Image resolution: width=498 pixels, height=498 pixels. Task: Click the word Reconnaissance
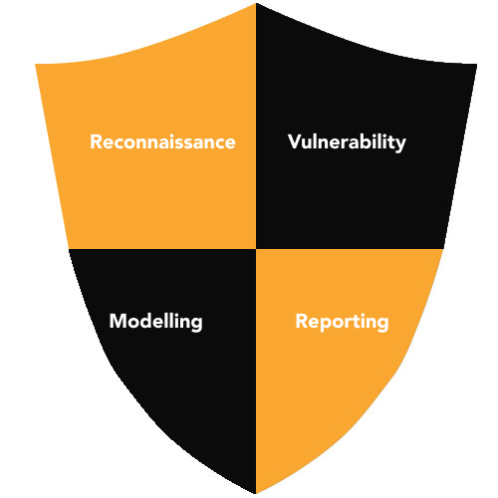pyautogui.click(x=162, y=142)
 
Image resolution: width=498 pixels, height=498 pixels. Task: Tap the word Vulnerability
pyautogui.click(x=347, y=142)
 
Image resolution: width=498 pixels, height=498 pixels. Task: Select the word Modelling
pyautogui.click(x=156, y=322)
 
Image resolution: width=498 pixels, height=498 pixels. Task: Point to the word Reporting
pyautogui.click(x=342, y=322)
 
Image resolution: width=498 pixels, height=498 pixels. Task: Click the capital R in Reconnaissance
pyautogui.click(x=96, y=142)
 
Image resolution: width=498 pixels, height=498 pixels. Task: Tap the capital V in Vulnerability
pyautogui.click(x=295, y=141)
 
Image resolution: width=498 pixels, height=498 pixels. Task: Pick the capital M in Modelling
pyautogui.click(x=118, y=321)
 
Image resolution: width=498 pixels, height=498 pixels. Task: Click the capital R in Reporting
pyautogui.click(x=302, y=321)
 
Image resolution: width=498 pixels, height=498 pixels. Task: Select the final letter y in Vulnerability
pyautogui.click(x=400, y=145)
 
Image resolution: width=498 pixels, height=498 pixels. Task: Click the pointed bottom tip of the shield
pyautogui.click(x=256, y=494)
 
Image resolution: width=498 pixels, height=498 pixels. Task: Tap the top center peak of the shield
pyautogui.click(x=256, y=4)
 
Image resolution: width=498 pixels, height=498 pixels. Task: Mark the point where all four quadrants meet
pyautogui.click(x=256, y=249)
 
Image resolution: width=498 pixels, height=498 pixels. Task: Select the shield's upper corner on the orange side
pyautogui.click(x=36, y=64)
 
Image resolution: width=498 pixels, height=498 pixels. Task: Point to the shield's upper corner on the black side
pyautogui.click(x=477, y=65)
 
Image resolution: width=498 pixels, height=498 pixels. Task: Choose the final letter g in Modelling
pyautogui.click(x=197, y=325)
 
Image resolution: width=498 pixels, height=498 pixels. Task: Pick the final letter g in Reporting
pyautogui.click(x=382, y=325)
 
